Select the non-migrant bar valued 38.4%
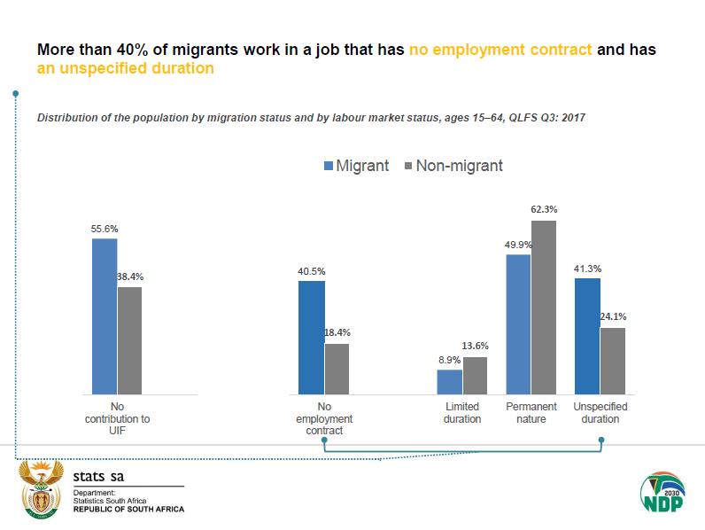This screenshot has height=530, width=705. tap(129, 340)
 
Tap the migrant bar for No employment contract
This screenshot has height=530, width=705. tap(312, 338)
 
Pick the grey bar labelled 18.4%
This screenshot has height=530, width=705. tap(337, 369)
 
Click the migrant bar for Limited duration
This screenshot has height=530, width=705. tap(450, 382)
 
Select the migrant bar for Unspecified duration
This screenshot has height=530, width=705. tap(587, 336)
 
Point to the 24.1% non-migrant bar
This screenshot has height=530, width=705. tap(613, 361)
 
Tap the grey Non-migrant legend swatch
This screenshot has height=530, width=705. tap(408, 166)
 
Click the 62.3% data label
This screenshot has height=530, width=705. tap(545, 210)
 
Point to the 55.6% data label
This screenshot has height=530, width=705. tap(105, 229)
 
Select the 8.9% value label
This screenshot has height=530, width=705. tap(449, 361)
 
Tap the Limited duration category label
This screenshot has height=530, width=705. tap(462, 413)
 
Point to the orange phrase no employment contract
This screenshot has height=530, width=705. tap(500, 50)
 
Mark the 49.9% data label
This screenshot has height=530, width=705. tap(519, 245)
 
